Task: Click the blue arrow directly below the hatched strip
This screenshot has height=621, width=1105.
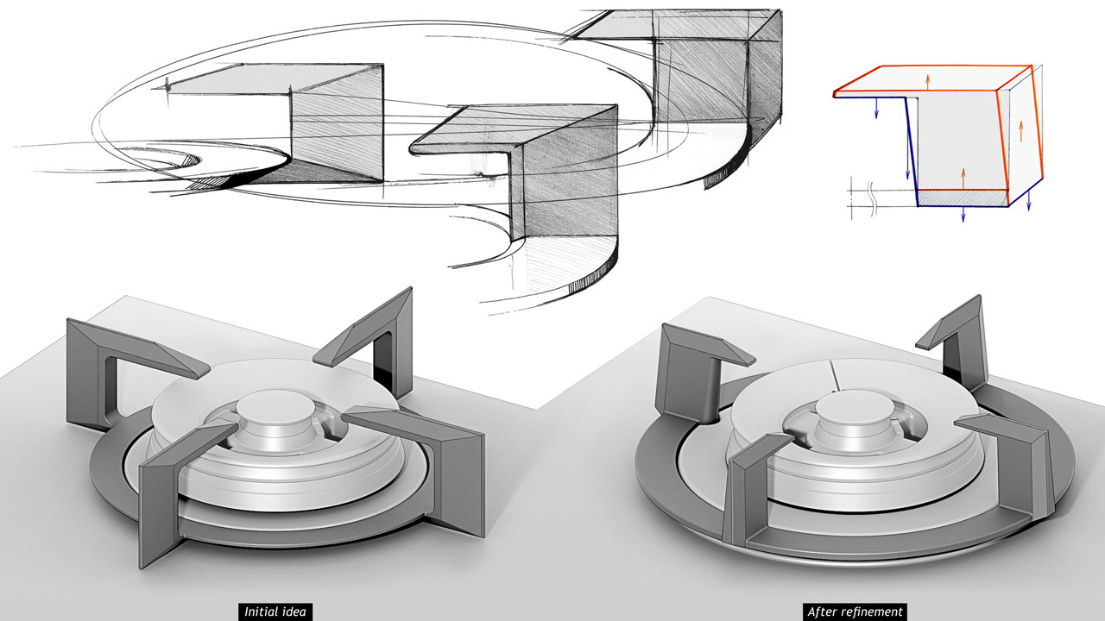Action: tap(963, 215)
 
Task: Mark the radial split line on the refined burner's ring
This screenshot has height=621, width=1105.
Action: tap(831, 375)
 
